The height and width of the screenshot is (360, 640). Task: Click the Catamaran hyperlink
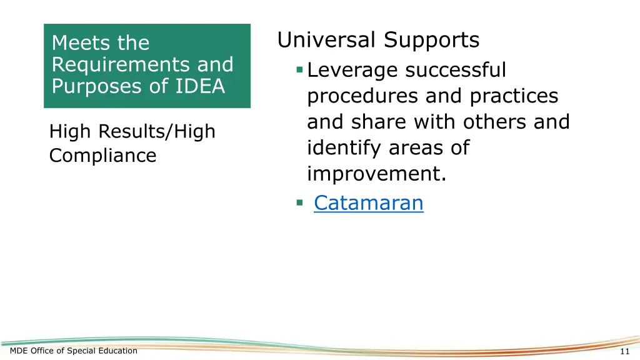[368, 203]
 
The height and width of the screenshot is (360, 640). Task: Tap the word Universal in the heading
[328, 41]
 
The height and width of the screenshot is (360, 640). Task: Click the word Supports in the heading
[432, 41]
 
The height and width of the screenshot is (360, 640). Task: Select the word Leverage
[353, 71]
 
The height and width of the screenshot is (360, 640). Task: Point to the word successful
[456, 71]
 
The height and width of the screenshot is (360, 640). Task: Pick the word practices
[514, 96]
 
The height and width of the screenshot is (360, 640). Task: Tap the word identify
[344, 149]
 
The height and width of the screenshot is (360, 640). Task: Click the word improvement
[376, 174]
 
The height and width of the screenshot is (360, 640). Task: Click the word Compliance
[102, 156]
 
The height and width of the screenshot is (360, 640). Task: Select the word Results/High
[164, 132]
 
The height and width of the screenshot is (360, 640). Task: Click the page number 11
[625, 351]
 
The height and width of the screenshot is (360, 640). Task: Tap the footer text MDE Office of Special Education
[74, 351]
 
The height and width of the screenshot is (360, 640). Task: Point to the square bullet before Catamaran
[300, 202]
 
